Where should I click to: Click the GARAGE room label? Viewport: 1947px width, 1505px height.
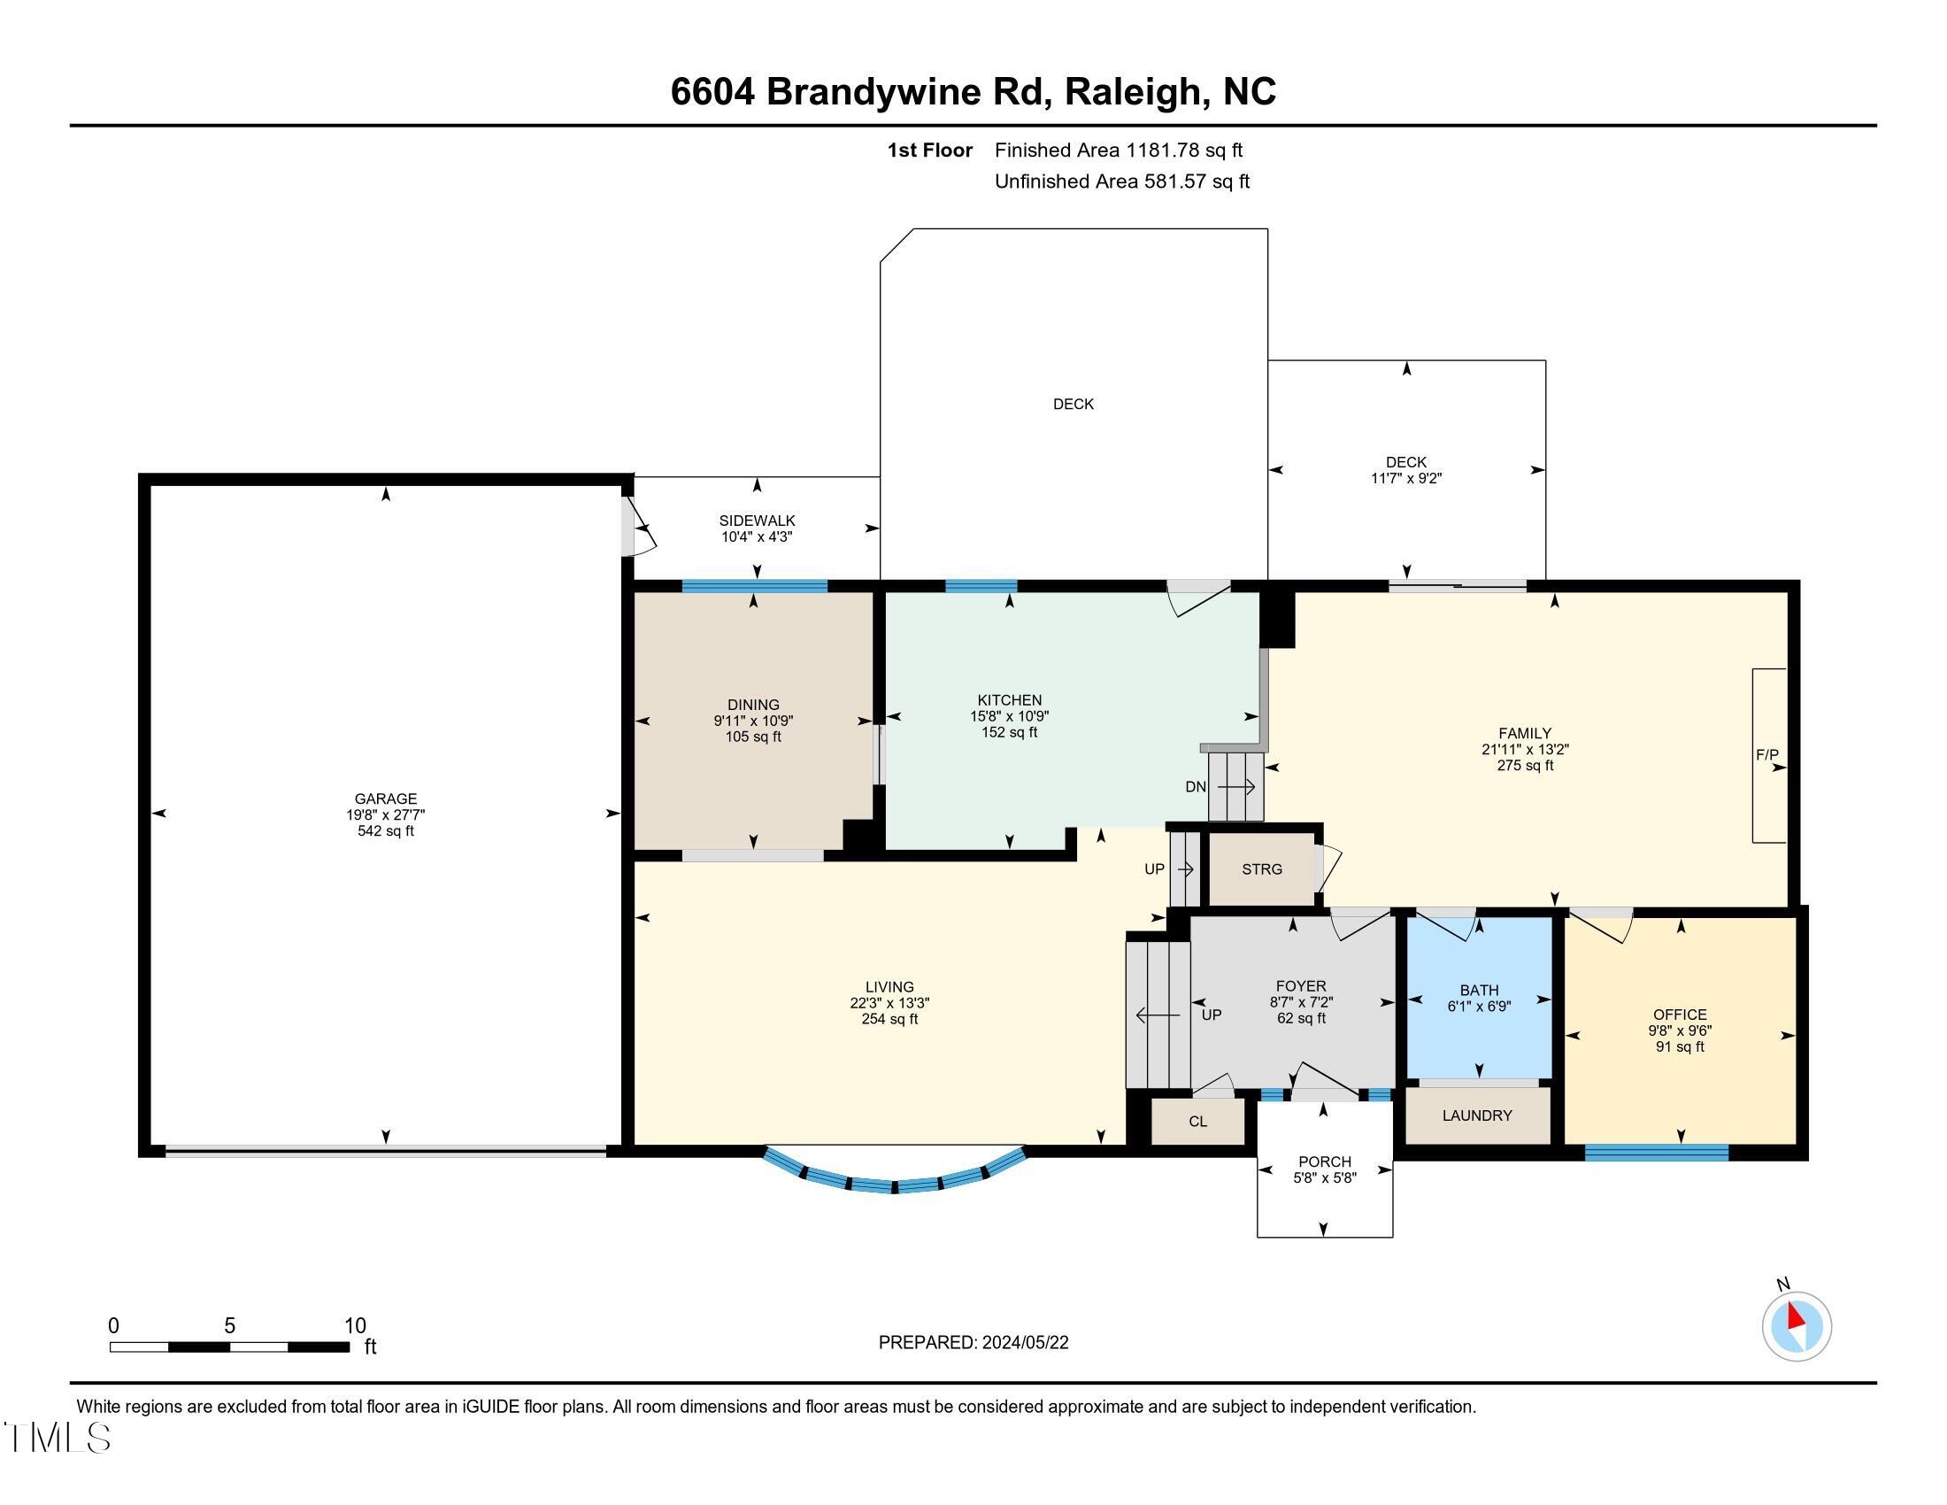coord(385,799)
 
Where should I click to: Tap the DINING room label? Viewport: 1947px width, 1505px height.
coord(753,705)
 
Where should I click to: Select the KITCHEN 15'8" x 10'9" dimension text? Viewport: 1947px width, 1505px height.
coord(1009,716)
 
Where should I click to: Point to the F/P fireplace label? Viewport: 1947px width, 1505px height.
coord(1767,754)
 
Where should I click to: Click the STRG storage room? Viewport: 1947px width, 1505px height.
coord(1261,868)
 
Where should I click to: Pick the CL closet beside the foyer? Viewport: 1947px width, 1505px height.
coord(1197,1121)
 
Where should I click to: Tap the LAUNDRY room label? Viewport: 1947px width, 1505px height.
coord(1476,1115)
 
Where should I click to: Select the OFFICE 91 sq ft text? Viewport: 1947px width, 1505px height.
coord(1680,1046)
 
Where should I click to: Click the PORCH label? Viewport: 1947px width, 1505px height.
coord(1325,1162)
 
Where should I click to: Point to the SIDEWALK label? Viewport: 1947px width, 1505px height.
coord(757,521)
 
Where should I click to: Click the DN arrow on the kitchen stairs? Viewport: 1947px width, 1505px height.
coord(1235,786)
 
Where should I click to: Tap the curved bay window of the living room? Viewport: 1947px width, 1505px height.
coord(894,1183)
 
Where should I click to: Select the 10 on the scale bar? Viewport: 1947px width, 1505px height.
coord(355,1325)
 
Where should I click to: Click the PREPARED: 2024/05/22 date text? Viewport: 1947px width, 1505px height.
coord(973,1342)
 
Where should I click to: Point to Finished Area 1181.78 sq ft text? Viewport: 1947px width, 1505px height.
coord(1118,150)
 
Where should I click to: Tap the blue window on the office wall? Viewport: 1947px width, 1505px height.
coord(1656,1153)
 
